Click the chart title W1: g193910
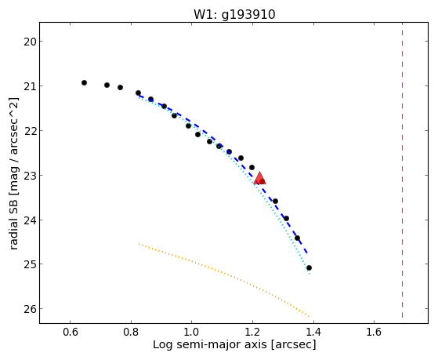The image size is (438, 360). coord(234,15)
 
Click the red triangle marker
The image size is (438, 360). coord(260,178)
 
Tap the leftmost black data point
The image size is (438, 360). coord(84,82)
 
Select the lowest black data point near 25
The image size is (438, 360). coord(309,268)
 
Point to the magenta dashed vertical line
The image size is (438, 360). coord(402,170)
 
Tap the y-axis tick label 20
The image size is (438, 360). coord(30,42)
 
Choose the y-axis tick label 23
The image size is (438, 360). coord(30,176)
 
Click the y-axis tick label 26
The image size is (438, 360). coord(30,309)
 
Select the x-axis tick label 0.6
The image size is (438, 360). coord(70,332)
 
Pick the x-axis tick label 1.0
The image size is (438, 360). coord(192,332)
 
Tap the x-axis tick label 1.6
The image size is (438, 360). coord(374,332)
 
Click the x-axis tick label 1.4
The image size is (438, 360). coord(313,332)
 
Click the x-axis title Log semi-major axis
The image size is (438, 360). coord(210,344)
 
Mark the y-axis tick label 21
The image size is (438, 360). coord(30,86)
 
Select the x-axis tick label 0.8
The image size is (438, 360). coord(131,332)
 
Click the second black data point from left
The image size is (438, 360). coord(107,85)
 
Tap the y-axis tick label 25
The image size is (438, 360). coord(30,264)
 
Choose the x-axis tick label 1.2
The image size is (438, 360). coord(252,332)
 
